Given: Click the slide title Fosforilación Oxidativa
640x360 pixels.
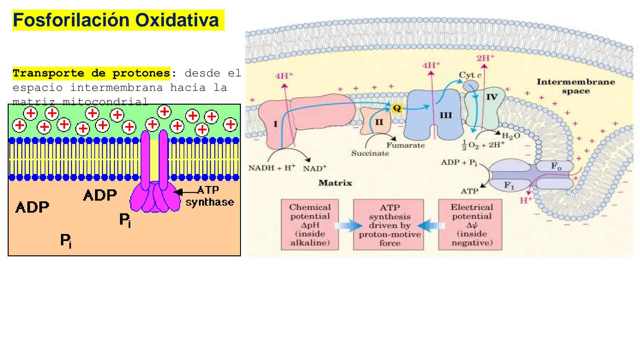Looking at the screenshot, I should click(x=116, y=20).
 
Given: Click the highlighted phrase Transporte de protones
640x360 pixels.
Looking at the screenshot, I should click(x=91, y=73).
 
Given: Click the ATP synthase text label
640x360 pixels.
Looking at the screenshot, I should click(x=209, y=196).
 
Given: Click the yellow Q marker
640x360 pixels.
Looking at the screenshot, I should click(x=397, y=108).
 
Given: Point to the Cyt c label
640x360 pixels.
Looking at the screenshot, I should click(x=470, y=75).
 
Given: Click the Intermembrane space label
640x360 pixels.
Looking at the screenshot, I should click(x=576, y=86).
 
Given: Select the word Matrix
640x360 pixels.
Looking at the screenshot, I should click(x=335, y=183).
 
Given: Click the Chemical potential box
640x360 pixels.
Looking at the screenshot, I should click(x=310, y=225).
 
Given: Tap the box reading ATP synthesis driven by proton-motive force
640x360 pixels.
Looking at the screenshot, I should click(x=389, y=225).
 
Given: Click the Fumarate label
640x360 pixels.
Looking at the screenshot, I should click(x=405, y=145).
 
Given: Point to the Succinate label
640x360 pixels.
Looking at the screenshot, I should click(x=370, y=153).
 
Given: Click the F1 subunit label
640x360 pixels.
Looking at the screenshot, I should click(x=509, y=185).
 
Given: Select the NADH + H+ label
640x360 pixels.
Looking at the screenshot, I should click(x=272, y=168).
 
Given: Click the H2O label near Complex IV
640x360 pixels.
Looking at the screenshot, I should click(x=511, y=136).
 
